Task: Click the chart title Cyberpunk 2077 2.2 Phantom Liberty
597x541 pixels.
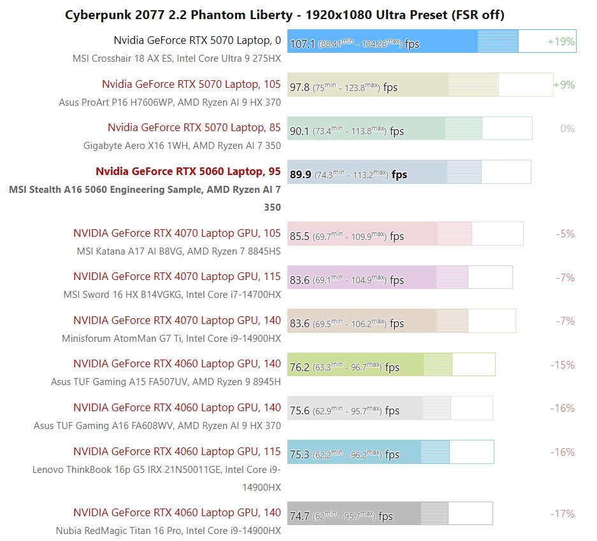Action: click(x=285, y=15)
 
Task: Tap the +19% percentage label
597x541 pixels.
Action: click(x=561, y=42)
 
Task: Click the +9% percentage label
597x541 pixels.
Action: click(x=564, y=85)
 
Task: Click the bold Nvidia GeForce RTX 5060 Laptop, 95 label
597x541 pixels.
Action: click(x=188, y=171)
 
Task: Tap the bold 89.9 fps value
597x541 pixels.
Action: click(x=301, y=174)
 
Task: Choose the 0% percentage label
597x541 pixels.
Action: click(x=567, y=129)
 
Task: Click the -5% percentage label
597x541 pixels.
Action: click(x=565, y=234)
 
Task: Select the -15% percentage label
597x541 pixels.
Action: click(x=562, y=365)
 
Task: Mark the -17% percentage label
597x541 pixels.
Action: click(x=562, y=514)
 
